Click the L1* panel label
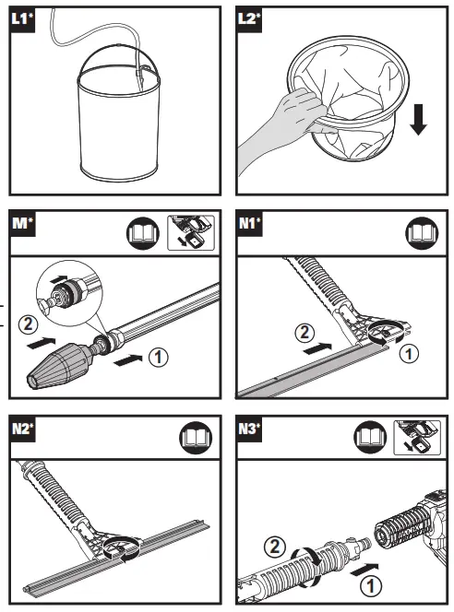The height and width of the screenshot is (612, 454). (x=23, y=19)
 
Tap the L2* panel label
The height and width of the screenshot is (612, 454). (x=249, y=19)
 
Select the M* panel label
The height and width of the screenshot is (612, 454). (x=23, y=224)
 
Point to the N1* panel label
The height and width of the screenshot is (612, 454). (x=249, y=224)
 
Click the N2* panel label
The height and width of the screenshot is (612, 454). (x=23, y=429)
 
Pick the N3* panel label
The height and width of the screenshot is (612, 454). (x=249, y=429)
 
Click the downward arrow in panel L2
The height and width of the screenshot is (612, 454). (x=418, y=120)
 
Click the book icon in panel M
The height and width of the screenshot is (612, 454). (x=143, y=233)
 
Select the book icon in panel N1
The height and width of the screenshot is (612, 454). (x=422, y=233)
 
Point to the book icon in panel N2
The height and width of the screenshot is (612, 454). (x=196, y=438)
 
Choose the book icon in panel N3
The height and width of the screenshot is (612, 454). (x=370, y=438)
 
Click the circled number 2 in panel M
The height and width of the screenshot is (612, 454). (x=29, y=324)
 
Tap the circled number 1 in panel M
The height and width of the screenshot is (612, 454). (x=158, y=357)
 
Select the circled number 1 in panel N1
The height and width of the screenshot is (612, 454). (x=409, y=354)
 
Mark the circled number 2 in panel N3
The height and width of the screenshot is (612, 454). (x=275, y=547)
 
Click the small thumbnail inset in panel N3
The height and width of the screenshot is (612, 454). (x=417, y=438)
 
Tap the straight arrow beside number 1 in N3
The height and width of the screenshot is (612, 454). (x=365, y=570)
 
